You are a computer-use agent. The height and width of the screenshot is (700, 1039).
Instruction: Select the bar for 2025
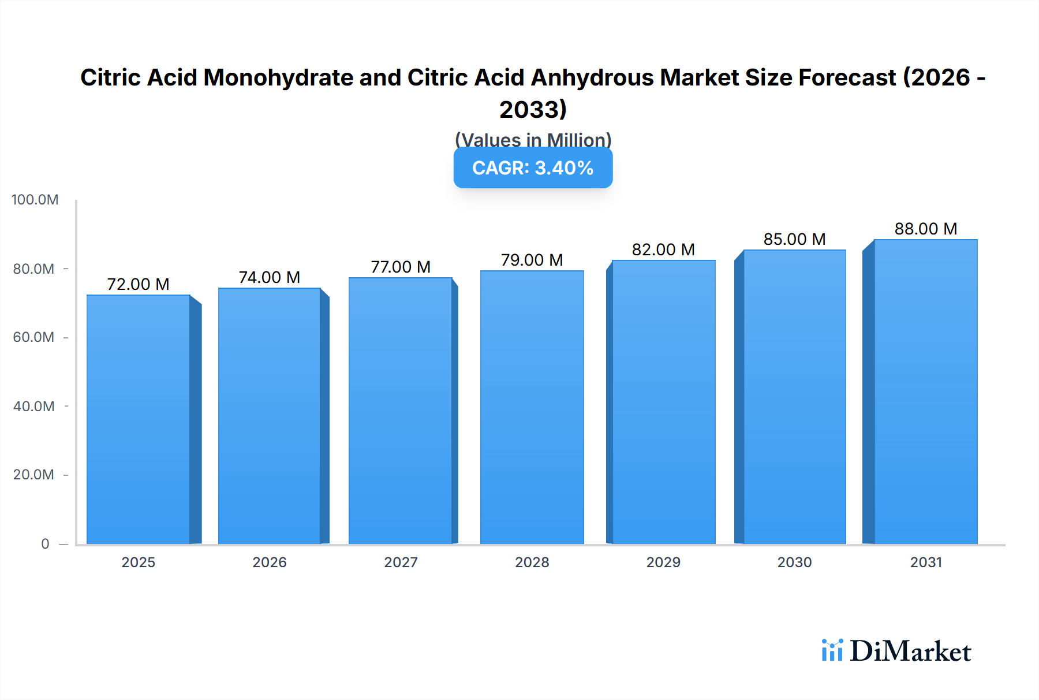pos(139,419)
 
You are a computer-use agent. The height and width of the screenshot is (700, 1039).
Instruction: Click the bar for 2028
pos(532,407)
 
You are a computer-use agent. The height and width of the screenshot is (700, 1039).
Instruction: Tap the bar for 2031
pos(925,392)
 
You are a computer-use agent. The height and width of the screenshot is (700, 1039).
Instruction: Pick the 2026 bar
pos(270,416)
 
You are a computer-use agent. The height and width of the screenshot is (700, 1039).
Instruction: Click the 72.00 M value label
pos(139,284)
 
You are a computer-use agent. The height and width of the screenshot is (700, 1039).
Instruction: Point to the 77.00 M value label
pos(401,267)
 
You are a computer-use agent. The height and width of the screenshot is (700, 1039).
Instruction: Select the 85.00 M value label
pos(794,239)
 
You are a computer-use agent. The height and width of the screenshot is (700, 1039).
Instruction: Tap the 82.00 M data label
pos(663,250)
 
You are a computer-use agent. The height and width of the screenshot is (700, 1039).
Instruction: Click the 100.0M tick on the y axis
pos(35,200)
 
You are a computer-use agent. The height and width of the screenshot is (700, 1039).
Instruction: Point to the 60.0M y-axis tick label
pos(33,337)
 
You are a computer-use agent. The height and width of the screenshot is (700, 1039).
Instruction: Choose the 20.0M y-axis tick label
pos(33,475)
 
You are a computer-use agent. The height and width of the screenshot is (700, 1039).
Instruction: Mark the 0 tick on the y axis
pos(45,544)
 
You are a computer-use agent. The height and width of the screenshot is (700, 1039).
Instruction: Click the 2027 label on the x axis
pos(401,563)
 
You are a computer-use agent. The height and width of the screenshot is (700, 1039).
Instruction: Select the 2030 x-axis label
pos(794,563)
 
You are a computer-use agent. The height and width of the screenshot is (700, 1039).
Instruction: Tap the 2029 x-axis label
pos(663,563)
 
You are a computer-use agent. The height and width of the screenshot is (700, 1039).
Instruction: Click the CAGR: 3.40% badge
pos(533,168)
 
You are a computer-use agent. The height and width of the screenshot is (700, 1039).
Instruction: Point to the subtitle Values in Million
pos(533,140)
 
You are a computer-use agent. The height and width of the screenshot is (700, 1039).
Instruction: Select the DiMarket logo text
pos(910,651)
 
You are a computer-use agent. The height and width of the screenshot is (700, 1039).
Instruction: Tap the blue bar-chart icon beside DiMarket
pos(832,650)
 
